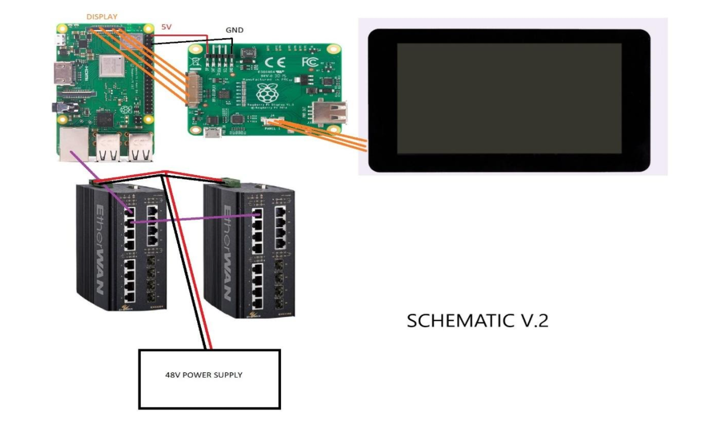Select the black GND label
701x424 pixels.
(x=234, y=30)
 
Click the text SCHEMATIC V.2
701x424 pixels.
(x=478, y=321)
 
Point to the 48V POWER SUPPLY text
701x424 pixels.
(x=203, y=374)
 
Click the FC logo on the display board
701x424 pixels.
(x=309, y=62)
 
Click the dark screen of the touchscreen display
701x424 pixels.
(x=509, y=98)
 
